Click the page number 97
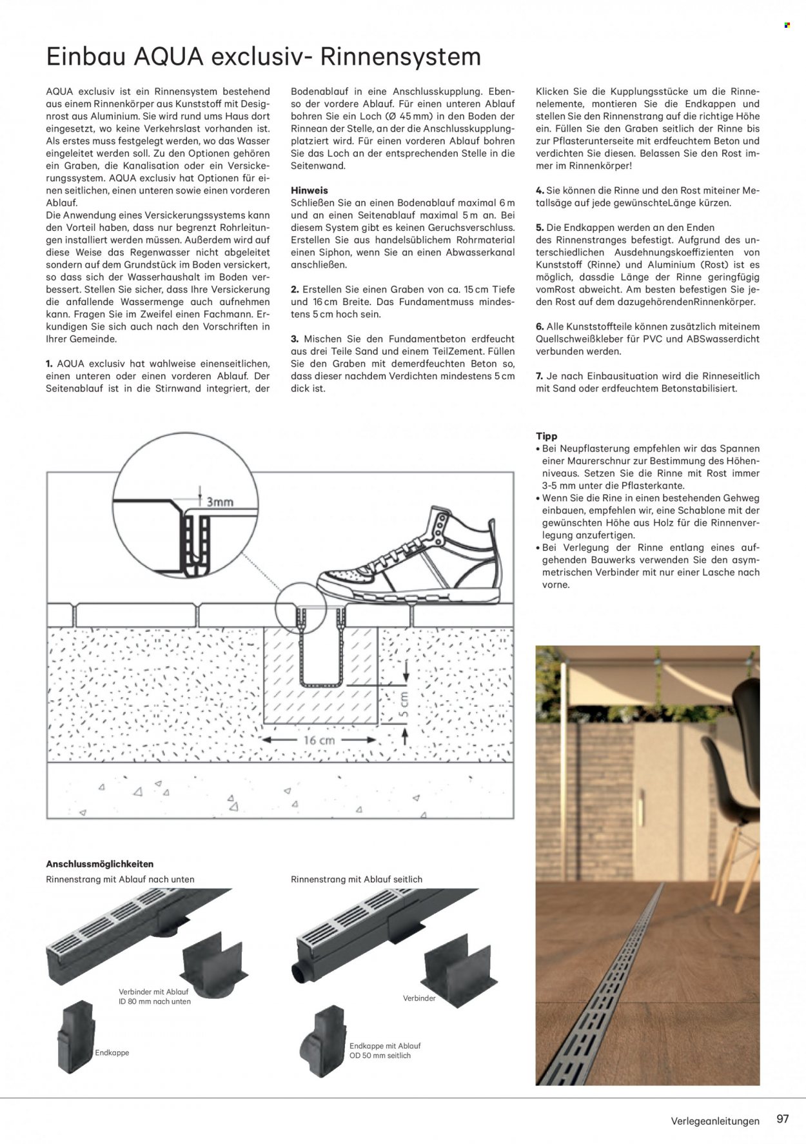point(783,1119)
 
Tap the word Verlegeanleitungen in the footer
point(715,1121)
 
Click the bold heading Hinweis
point(310,190)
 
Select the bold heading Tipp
point(547,436)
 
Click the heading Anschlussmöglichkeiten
point(100,863)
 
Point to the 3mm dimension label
point(220,501)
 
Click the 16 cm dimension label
point(319,740)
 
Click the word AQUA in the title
point(168,57)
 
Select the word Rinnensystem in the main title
point(400,57)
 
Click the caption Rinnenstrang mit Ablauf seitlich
point(357,879)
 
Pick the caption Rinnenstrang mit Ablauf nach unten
point(120,879)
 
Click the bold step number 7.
point(540,376)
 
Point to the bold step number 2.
point(295,290)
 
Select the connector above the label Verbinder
point(458,963)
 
